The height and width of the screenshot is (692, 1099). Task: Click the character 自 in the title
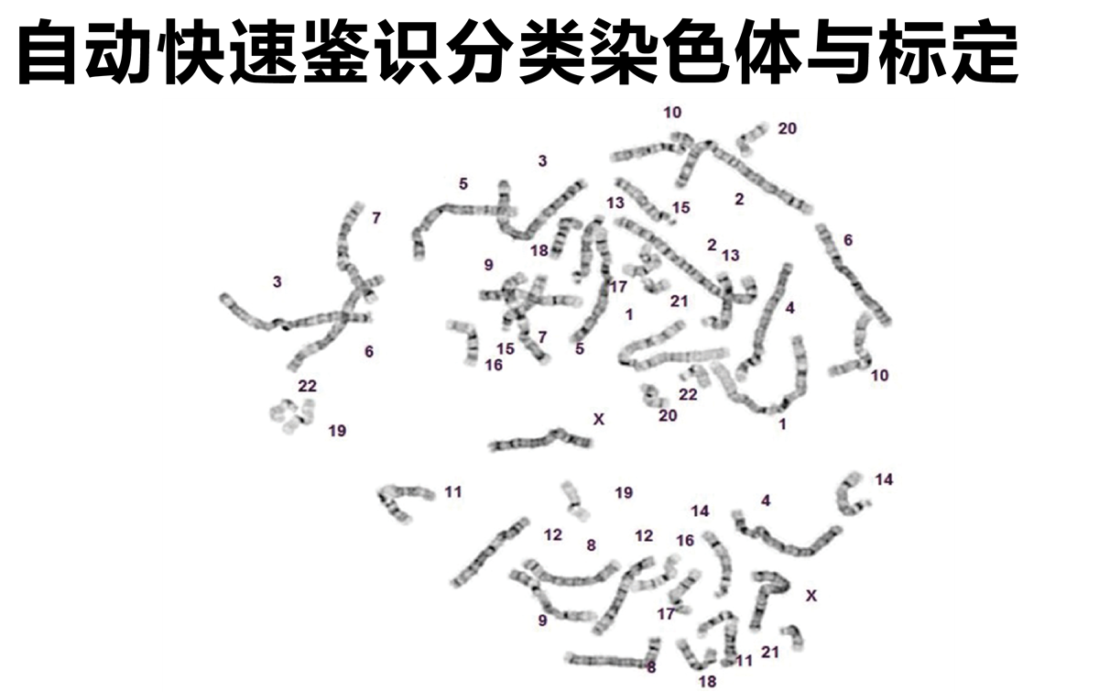coord(47,51)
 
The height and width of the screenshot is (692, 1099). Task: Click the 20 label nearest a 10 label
coord(787,128)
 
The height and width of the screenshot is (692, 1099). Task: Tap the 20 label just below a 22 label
coord(668,415)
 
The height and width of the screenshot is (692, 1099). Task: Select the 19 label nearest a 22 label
coord(337,431)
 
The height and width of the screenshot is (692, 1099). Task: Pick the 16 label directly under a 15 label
coord(494,365)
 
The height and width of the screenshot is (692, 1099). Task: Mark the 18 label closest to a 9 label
coord(539,250)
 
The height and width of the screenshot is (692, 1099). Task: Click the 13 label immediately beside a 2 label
coord(730,255)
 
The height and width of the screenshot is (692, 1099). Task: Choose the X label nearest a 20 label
coord(599,419)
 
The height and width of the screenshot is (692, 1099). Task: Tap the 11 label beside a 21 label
coord(744,661)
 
